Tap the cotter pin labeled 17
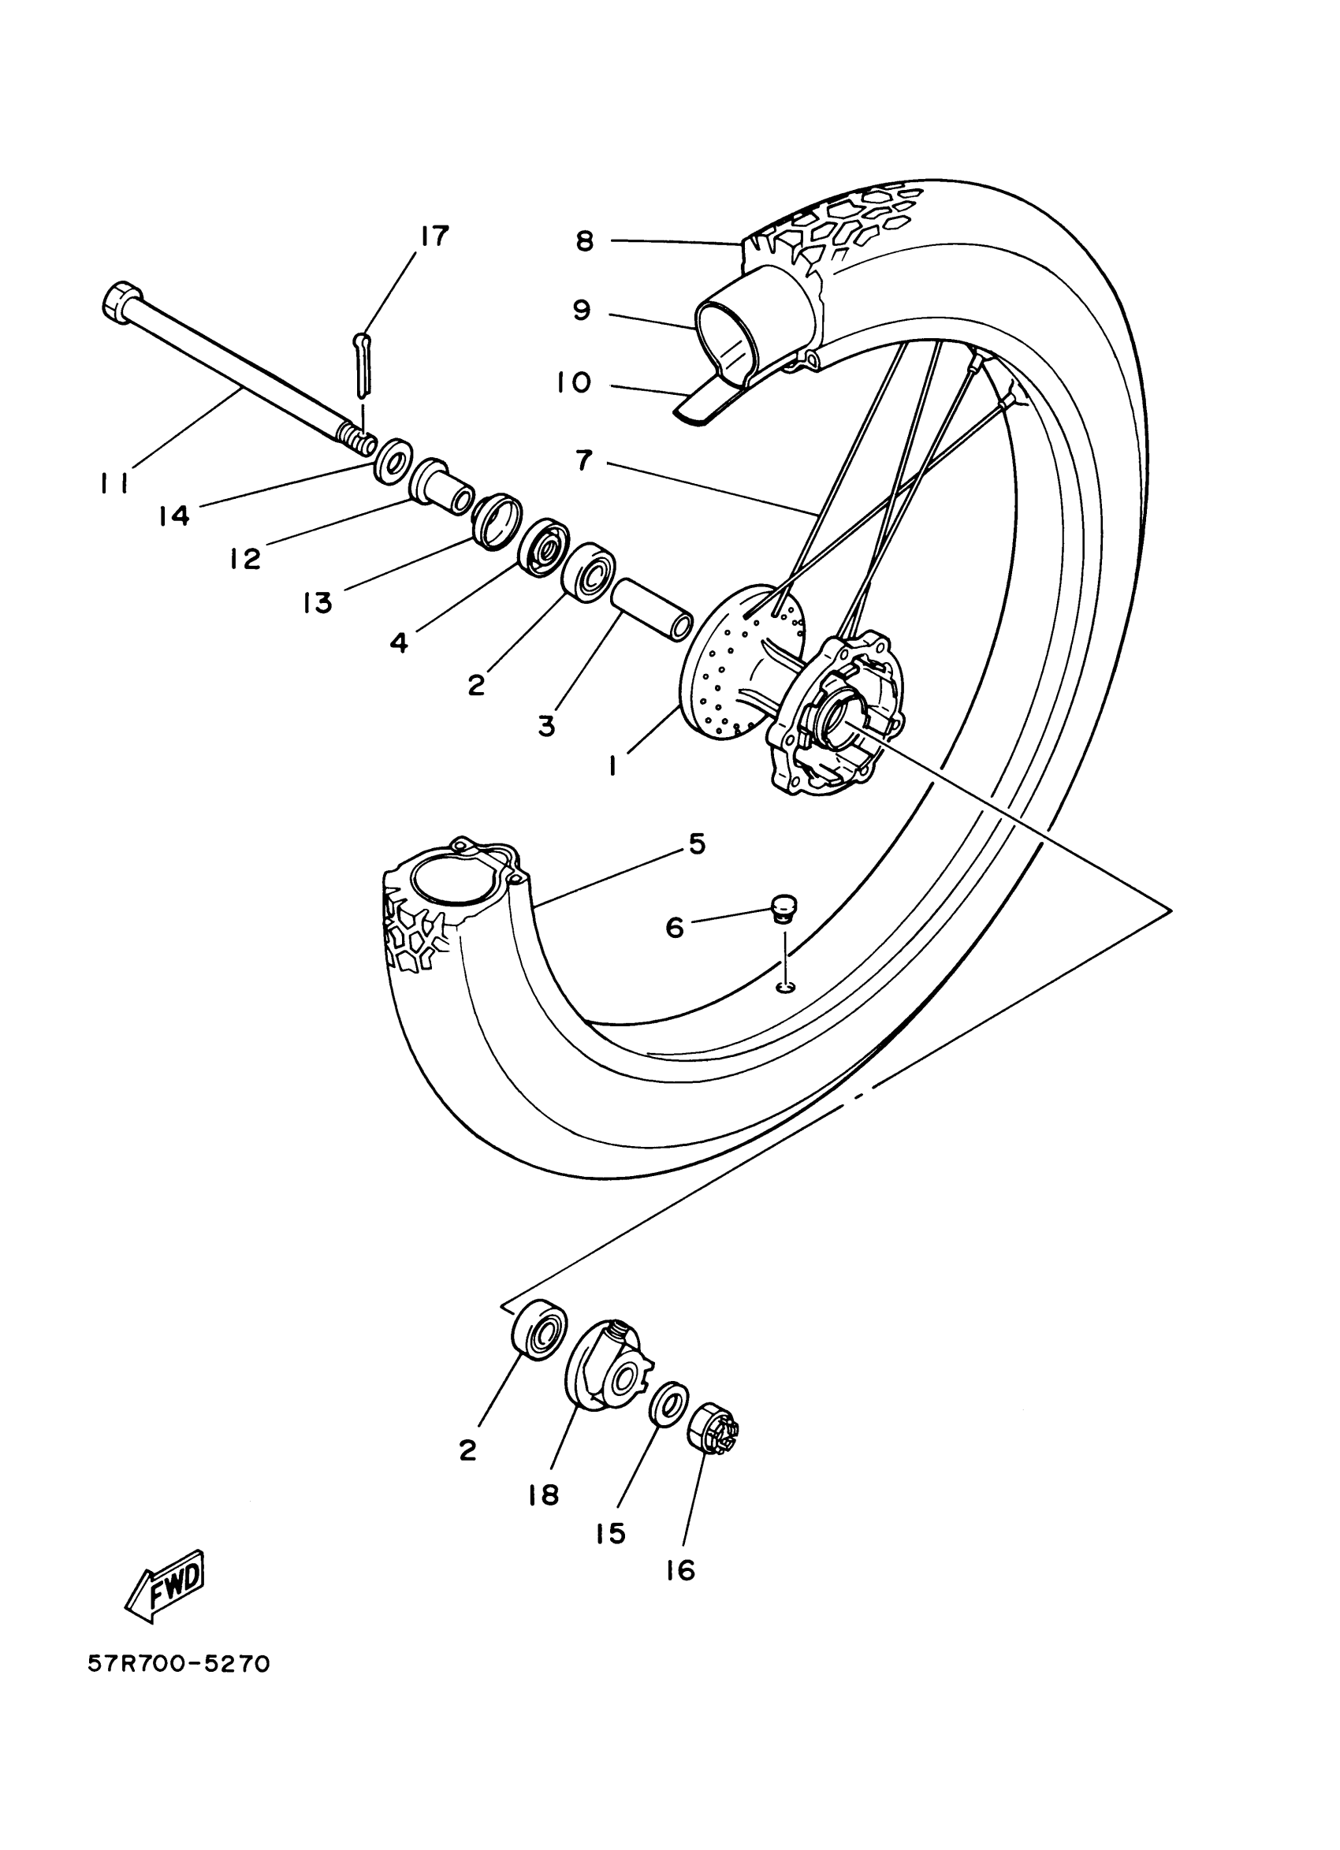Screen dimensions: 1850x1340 (x=363, y=363)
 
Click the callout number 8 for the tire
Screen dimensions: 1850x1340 (x=585, y=241)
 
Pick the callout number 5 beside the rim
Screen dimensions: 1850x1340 (x=697, y=844)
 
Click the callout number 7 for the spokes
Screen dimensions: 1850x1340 (x=583, y=461)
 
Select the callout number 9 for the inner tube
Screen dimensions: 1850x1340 (x=581, y=311)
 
